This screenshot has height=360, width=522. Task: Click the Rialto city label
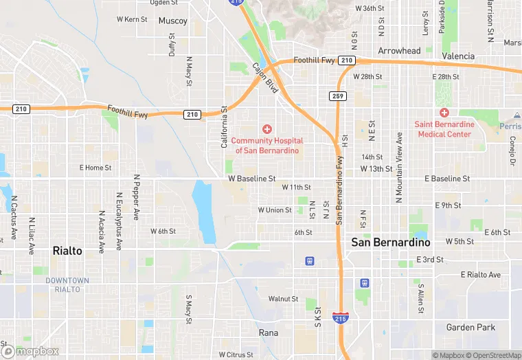67,251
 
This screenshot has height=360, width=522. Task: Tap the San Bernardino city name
391,243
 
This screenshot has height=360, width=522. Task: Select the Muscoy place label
172,21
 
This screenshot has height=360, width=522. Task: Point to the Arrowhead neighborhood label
399,51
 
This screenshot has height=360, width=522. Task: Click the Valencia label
458,56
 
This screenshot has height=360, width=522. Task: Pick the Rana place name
268,333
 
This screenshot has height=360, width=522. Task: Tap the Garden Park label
470,327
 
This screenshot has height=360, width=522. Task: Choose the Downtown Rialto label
67,284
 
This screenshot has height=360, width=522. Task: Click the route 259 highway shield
337,95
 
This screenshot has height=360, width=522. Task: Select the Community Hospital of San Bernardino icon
267,129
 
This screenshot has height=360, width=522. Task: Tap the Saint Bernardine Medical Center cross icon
444,113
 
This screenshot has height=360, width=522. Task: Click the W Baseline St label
252,179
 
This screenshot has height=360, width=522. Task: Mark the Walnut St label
283,299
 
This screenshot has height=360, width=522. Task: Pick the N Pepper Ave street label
137,196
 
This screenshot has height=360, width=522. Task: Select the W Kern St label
132,19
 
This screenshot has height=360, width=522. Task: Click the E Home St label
95,168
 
